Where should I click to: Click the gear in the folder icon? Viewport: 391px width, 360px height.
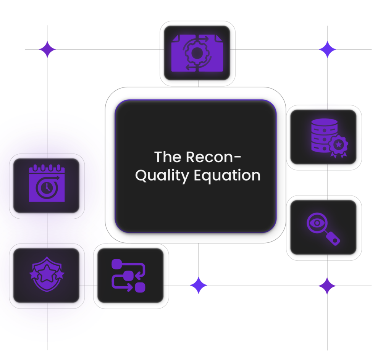tap(196, 54)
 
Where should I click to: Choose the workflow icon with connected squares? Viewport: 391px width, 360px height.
tap(128, 276)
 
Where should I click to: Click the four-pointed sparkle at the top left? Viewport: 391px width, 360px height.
tap(47, 50)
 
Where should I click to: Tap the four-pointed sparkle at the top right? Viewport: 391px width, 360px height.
tap(327, 50)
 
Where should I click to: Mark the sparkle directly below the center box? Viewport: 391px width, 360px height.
tap(199, 286)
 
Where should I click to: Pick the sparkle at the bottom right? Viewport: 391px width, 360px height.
tap(327, 286)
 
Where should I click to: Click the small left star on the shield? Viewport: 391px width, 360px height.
tap(33, 274)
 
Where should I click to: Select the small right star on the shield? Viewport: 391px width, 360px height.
tap(60, 274)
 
